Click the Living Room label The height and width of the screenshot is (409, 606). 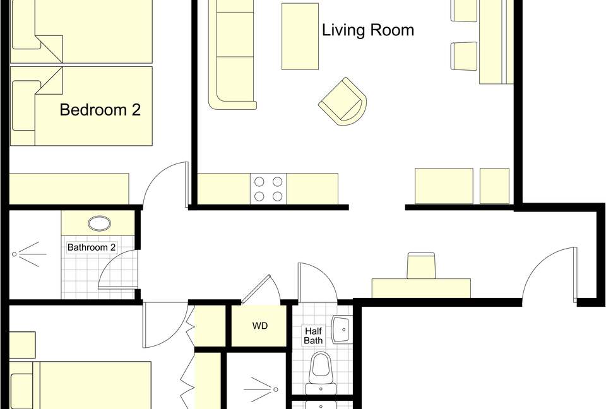[368, 30]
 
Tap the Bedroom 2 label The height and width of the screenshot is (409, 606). [100, 110]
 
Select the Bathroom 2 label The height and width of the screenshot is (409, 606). [92, 247]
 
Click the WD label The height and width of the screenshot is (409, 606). [259, 326]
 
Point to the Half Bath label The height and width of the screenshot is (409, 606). [313, 336]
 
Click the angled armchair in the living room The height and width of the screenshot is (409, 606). [343, 101]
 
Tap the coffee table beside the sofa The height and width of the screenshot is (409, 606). [300, 37]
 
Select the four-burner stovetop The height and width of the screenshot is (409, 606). [268, 189]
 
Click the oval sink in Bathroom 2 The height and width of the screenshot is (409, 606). [99, 223]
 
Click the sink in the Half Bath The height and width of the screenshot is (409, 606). [342, 329]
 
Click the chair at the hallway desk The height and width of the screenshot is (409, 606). [421, 266]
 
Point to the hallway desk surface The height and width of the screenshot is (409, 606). [421, 288]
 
